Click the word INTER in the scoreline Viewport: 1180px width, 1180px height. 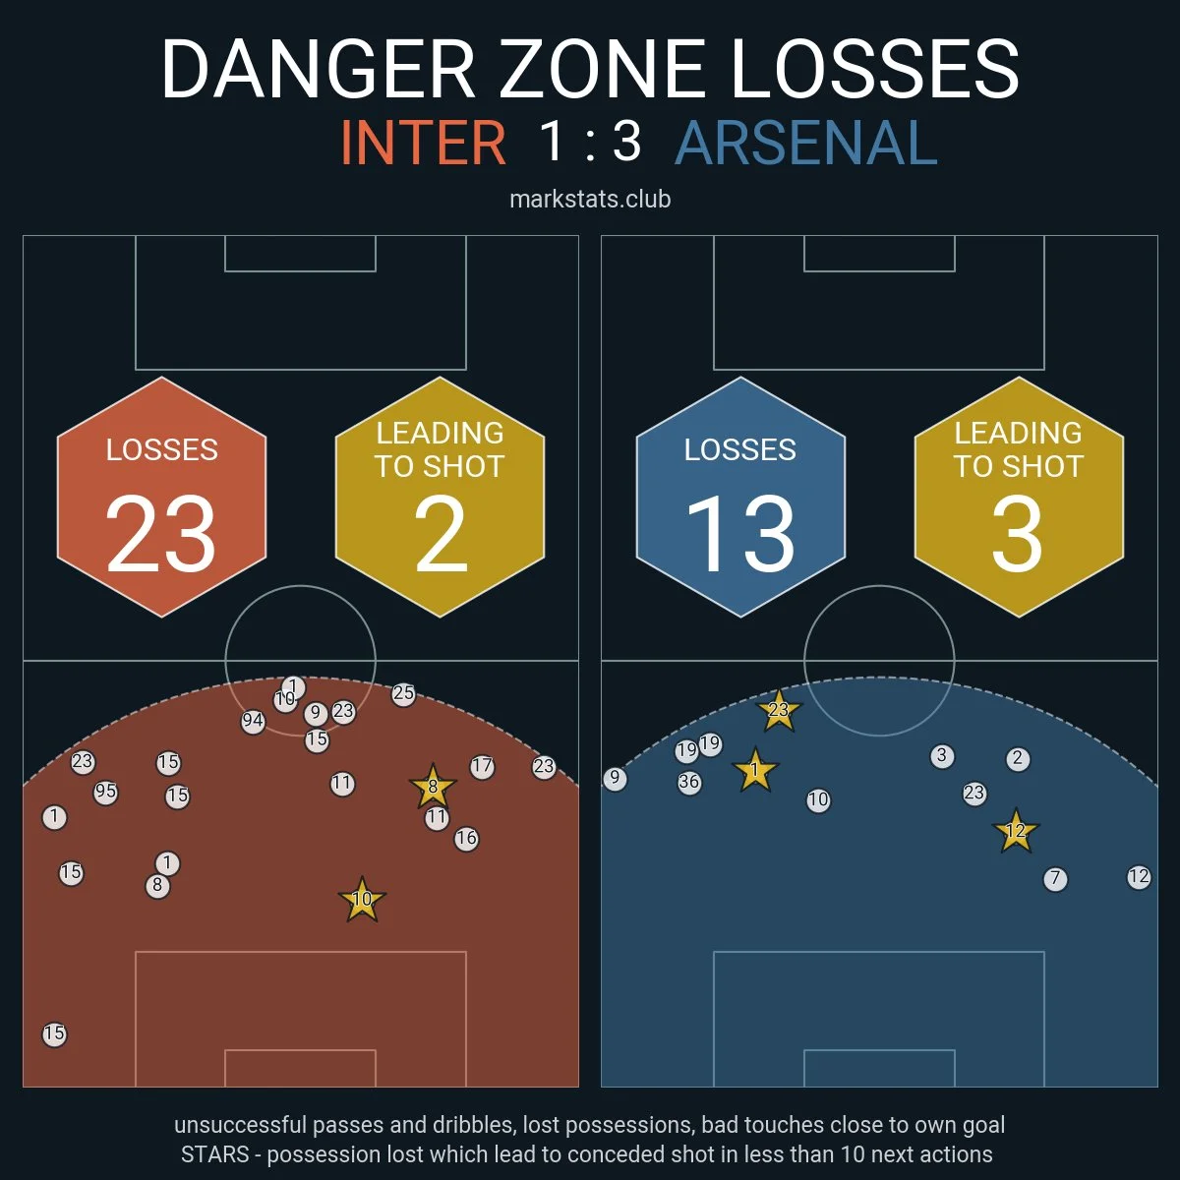coord(423,144)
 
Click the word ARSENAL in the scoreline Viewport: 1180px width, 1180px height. coord(806,144)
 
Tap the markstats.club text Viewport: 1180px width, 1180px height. coord(590,200)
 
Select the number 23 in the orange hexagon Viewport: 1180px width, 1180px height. coord(161,534)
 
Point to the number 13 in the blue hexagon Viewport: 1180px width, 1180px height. coord(739,534)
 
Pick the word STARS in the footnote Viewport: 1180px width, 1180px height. coord(214,1153)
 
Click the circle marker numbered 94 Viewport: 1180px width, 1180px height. coord(253,722)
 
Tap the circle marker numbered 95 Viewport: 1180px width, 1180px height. coord(105,793)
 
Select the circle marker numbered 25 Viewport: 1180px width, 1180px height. coord(403,694)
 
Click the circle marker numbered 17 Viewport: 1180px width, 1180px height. coord(482,767)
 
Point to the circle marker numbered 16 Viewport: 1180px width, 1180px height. coord(466,839)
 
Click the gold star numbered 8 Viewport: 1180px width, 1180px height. coord(433,787)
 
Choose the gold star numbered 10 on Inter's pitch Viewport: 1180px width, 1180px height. coord(362,900)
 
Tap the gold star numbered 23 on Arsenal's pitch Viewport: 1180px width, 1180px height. coord(778,710)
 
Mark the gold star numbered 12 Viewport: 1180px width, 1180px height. coord(1015,832)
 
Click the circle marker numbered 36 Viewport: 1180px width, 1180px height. coord(689,784)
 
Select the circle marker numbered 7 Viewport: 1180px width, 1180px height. coord(1055,879)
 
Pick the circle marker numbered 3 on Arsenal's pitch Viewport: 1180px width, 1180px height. coord(942,756)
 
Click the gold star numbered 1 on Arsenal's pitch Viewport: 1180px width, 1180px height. coord(755,771)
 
